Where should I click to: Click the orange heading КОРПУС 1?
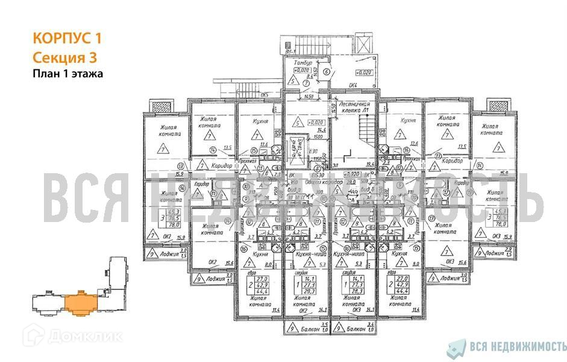click(66, 39)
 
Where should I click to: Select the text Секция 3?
click(64, 57)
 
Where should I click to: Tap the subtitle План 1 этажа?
click(67, 74)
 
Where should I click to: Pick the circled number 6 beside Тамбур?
click(326, 72)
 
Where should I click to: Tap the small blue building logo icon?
click(458, 346)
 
